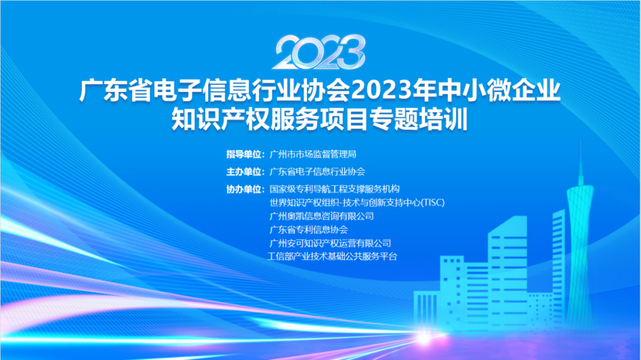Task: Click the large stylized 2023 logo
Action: coord(319,52)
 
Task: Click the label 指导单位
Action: coord(244,154)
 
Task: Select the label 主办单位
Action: coord(244,171)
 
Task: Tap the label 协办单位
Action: coord(244,189)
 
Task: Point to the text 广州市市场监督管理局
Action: coord(313,154)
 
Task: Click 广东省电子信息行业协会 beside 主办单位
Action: coord(317,171)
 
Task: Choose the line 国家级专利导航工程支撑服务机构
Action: coord(334,189)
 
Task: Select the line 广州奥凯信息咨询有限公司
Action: coord(322,216)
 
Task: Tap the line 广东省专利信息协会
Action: coord(309,230)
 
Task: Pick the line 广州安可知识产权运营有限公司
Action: coord(331,243)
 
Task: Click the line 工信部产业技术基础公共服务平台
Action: coord(332,257)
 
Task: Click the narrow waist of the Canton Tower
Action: coord(580,229)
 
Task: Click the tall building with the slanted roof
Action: coord(507,270)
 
